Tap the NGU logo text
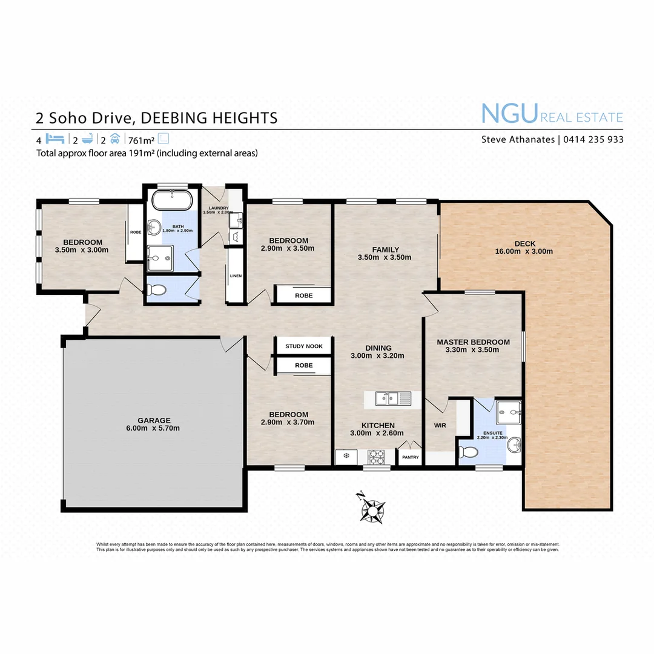click(x=509, y=114)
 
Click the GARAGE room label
click(x=153, y=420)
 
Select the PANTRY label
click(x=410, y=458)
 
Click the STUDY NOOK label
click(x=304, y=346)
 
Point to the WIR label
click(x=440, y=426)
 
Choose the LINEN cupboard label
click(x=236, y=276)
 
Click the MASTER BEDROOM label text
click(x=473, y=342)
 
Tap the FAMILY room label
click(x=385, y=249)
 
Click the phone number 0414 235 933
click(x=593, y=139)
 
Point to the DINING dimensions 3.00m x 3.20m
click(x=377, y=356)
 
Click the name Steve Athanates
click(x=517, y=139)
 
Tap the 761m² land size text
click(x=142, y=139)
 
